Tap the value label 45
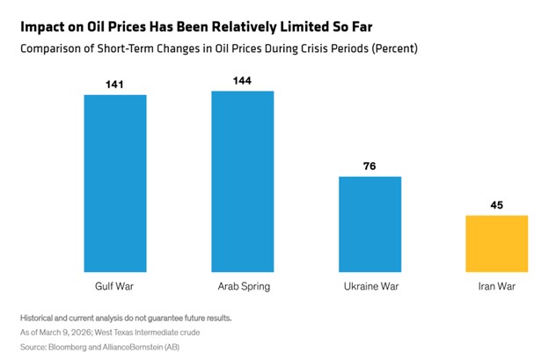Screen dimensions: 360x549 pyautogui.click(x=496, y=206)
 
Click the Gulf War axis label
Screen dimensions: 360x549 pyautogui.click(x=115, y=287)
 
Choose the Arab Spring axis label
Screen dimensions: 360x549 pyautogui.click(x=242, y=287)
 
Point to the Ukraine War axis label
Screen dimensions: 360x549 pyautogui.click(x=370, y=287)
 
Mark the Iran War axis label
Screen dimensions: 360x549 pyautogui.click(x=496, y=287)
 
